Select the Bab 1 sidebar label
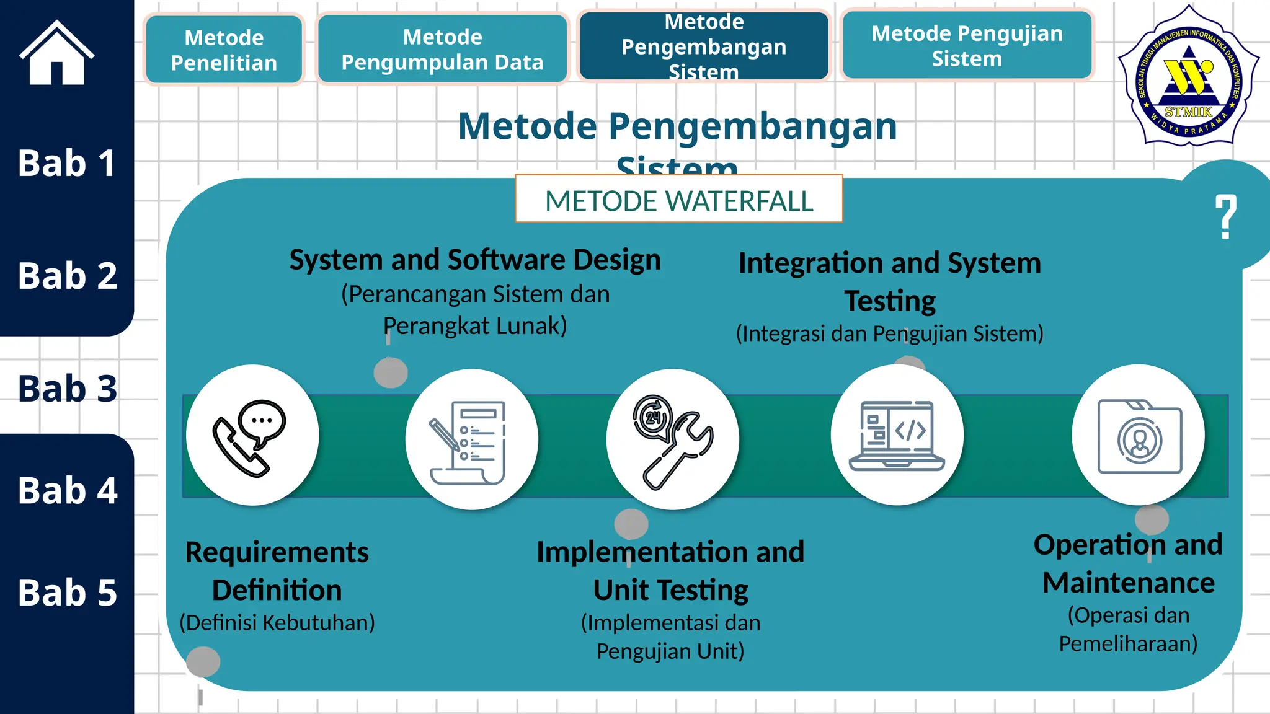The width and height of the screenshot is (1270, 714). point(66,164)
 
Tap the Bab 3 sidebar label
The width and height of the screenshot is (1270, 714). point(67,389)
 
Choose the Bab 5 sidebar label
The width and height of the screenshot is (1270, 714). point(67,593)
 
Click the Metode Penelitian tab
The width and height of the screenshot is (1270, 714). point(224,50)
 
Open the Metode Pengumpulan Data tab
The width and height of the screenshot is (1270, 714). point(442,50)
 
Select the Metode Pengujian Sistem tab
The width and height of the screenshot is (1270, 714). point(967,46)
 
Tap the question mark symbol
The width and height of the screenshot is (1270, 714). point(1225,216)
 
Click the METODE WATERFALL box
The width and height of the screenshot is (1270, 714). point(679,200)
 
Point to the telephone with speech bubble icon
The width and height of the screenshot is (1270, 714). point(251,438)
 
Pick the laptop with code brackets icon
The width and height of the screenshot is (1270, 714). point(897,436)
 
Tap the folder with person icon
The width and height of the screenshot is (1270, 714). point(1139,437)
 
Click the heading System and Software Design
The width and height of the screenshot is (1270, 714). point(475,260)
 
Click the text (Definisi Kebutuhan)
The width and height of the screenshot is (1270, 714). point(277,623)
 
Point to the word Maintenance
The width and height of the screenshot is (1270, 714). point(1128,583)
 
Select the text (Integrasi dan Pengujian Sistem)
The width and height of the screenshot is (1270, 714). point(889,334)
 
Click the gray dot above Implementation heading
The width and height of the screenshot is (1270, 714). point(631,524)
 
